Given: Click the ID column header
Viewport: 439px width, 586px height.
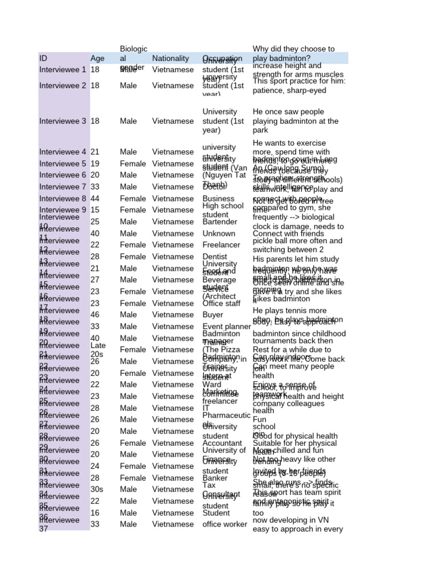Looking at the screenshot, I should click(43, 58).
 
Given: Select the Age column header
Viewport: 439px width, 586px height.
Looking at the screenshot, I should click(97, 58).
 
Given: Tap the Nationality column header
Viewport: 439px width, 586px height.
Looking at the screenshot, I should click(170, 58).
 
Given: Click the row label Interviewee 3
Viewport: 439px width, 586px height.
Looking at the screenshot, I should click(63, 121).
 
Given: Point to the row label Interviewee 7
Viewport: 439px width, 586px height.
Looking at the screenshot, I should click(63, 187).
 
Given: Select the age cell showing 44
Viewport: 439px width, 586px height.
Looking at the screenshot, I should click(95, 199).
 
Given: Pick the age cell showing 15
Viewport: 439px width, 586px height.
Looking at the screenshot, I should click(95, 210).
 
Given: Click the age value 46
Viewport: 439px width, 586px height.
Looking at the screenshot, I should click(95, 315).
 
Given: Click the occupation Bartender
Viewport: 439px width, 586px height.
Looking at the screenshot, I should click(219, 222).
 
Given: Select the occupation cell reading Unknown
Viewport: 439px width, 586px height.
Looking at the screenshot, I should click(218, 233).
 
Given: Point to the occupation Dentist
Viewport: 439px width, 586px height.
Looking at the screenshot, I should click(215, 257).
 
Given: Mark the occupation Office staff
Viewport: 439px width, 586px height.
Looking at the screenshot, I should click(221, 303).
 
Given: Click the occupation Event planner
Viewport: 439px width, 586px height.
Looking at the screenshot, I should click(226, 327).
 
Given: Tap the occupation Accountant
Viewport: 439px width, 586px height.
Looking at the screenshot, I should click(222, 443).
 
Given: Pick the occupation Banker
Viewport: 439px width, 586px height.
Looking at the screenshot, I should click(215, 478).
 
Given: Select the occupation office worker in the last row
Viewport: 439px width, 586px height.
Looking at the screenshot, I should click(225, 524).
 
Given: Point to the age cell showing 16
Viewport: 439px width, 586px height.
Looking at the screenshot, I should click(95, 513).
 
